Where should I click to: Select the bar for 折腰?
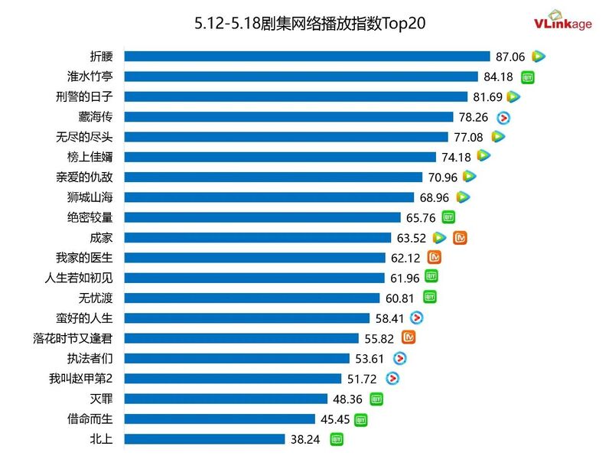tap(307, 56)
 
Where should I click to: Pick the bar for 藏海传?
tap(288, 116)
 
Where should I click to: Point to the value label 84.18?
tap(498, 77)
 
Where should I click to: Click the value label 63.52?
tap(411, 238)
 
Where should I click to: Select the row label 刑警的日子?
tap(90, 96)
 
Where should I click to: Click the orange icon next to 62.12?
tap(435, 258)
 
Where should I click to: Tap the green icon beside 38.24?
tap(337, 439)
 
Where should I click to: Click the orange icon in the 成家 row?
tap(460, 238)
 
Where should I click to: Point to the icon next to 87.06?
tap(539, 56)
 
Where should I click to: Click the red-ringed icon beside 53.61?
tap(399, 358)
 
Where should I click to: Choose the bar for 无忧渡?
tap(252, 298)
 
